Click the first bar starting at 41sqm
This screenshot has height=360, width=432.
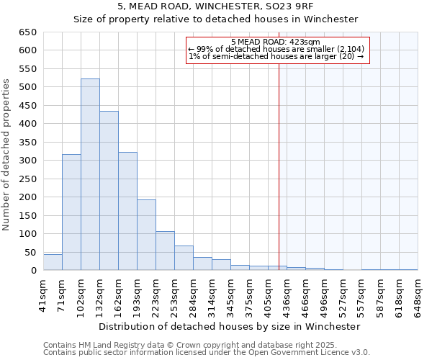(x=53, y=262)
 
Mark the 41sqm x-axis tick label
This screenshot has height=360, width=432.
(x=43, y=292)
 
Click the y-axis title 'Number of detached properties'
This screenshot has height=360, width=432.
(x=7, y=155)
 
